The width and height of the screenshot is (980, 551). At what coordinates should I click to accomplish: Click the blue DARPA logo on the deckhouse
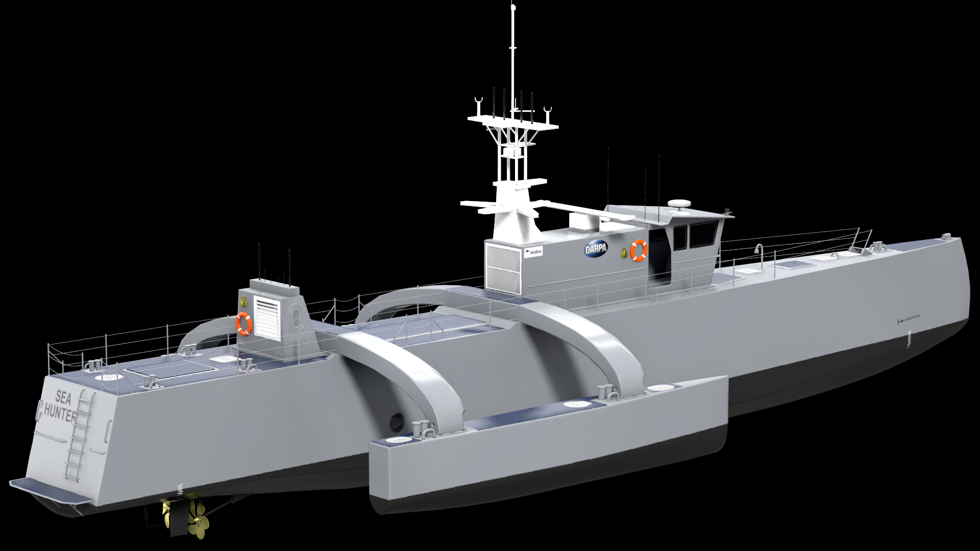[595, 249]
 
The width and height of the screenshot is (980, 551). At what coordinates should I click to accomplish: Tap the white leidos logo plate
[533, 252]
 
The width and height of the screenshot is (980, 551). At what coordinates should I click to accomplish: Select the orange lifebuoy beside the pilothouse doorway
[639, 250]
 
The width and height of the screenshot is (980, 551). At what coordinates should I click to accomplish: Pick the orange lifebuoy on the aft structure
[244, 323]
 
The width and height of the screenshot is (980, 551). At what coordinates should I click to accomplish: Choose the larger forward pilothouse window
[703, 236]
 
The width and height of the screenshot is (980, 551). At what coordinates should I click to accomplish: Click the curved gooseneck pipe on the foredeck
[759, 250]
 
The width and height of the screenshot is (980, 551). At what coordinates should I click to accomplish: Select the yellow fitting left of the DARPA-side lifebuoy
[623, 252]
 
